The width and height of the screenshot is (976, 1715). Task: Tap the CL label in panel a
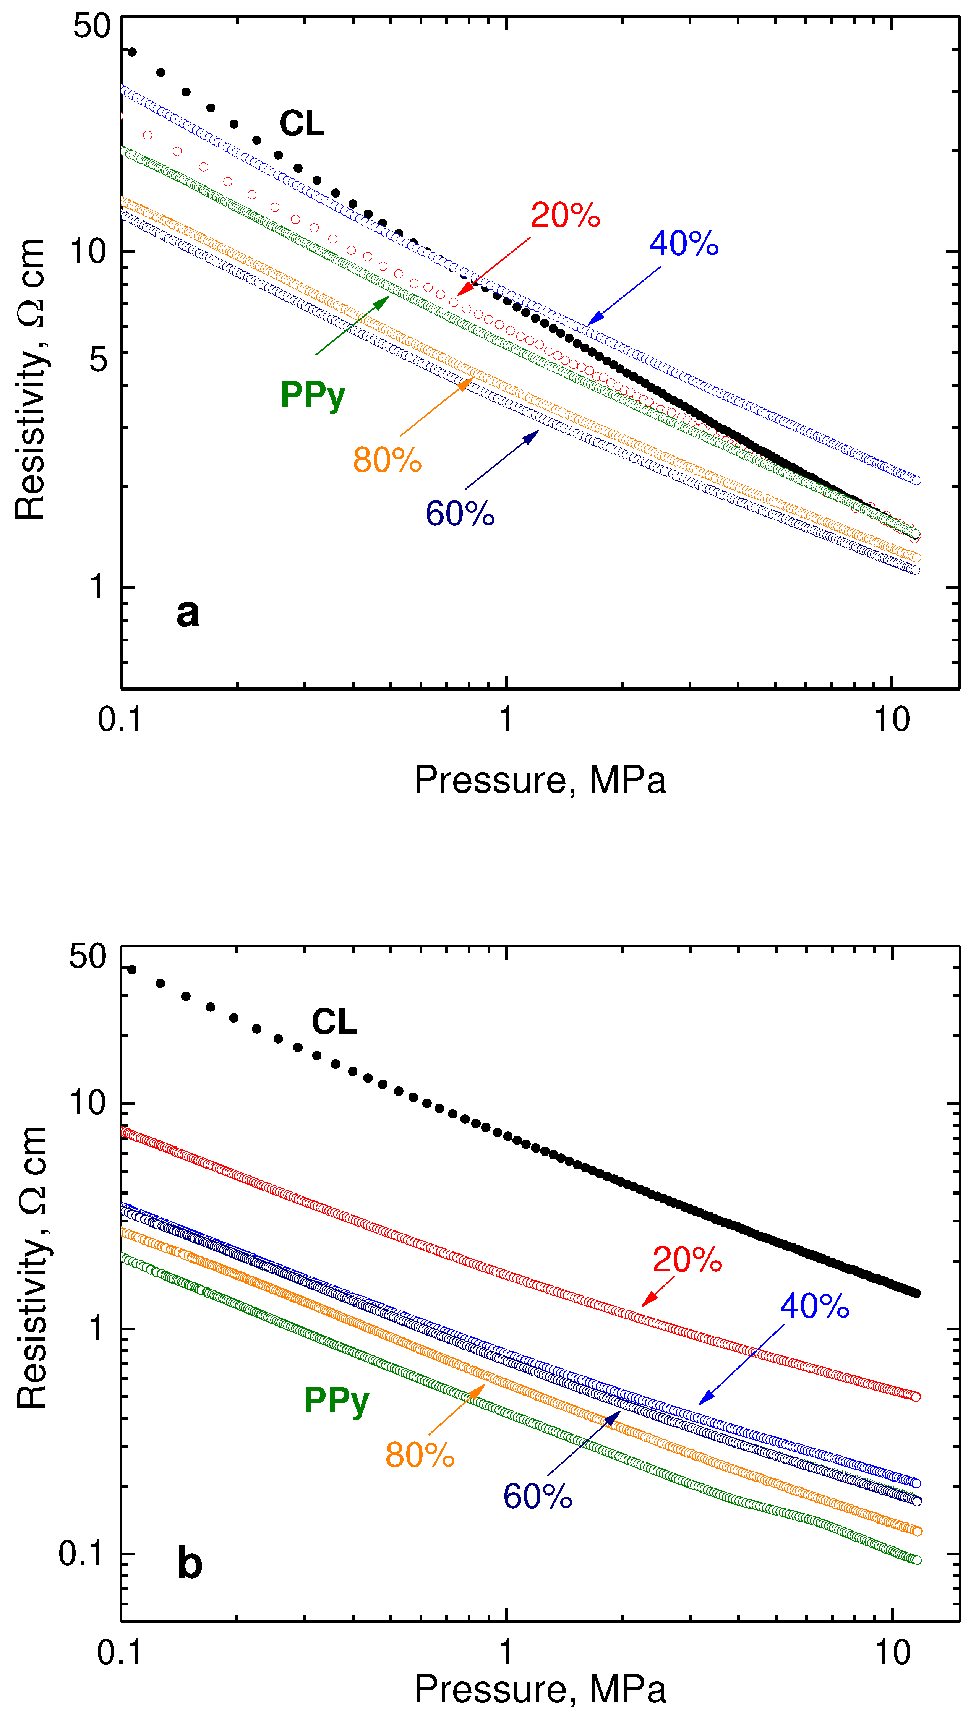coord(302,123)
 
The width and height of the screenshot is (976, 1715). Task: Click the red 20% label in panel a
coord(565,215)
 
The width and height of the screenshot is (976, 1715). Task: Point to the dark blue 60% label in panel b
coord(538,1496)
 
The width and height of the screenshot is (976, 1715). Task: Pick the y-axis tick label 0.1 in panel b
coord(82,1553)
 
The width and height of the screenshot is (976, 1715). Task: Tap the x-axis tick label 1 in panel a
coord(506,719)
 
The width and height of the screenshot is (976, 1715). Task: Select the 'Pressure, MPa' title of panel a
coord(540,780)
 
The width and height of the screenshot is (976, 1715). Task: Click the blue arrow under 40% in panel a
coord(623,295)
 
